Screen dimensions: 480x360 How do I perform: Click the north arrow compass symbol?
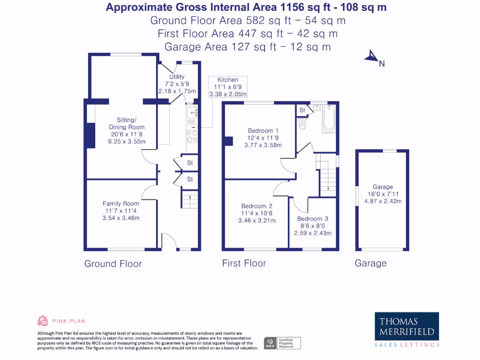372,56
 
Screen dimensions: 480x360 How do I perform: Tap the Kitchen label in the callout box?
228,80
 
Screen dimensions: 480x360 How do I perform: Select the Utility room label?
177,76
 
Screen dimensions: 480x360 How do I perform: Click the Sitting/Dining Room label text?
127,123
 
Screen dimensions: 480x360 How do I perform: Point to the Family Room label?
121,203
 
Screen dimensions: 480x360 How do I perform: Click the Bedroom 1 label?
263,131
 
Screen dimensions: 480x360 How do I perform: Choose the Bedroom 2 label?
257,206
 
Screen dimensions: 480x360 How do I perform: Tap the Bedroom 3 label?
313,218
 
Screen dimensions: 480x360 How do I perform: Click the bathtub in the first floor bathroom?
329,119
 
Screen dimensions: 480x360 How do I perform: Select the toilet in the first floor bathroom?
302,124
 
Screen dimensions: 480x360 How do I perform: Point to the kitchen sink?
192,112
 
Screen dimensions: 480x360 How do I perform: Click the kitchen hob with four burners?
192,136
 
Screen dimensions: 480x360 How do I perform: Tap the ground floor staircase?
190,200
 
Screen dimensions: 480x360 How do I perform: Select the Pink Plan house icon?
43,321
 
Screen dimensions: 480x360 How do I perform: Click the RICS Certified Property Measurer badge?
282,343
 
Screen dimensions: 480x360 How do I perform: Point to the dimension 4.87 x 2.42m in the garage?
382,201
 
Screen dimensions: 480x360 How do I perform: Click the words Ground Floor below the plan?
113,263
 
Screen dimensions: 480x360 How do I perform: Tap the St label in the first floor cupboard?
302,110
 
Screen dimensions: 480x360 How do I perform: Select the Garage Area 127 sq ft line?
247,47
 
